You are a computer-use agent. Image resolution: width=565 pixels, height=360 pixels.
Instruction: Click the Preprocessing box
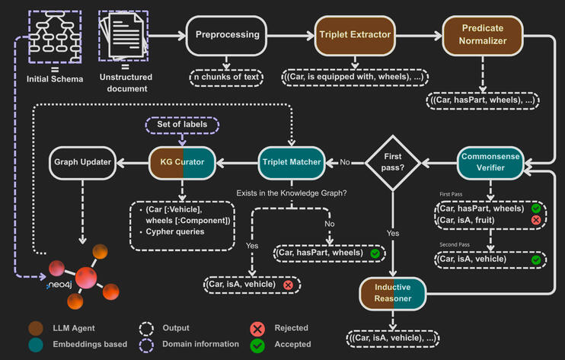point(228,34)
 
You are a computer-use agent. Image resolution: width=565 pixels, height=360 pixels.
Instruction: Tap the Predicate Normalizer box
point(483,34)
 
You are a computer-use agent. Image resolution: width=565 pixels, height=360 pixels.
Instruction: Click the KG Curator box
point(182,161)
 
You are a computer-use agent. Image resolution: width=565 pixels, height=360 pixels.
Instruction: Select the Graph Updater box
point(83,161)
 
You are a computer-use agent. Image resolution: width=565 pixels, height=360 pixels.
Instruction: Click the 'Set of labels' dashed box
point(182,123)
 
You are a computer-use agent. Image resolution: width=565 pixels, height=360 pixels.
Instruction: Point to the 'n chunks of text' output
point(226,76)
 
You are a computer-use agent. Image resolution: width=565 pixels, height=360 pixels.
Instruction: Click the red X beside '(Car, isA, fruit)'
point(536,220)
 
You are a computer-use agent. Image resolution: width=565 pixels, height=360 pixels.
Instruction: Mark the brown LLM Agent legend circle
point(35,328)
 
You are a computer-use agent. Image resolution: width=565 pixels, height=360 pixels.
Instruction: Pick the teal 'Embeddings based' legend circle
point(35,344)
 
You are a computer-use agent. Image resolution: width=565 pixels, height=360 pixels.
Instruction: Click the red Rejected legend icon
point(257,328)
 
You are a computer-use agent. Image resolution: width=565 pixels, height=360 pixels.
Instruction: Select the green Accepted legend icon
point(257,345)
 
